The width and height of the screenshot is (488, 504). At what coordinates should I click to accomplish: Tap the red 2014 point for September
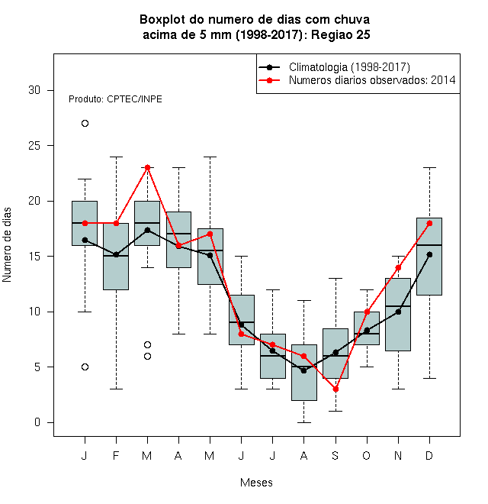click(335, 389)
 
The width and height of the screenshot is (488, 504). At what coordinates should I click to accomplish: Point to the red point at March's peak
click(147, 167)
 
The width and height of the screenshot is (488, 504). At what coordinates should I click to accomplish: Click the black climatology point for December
click(429, 254)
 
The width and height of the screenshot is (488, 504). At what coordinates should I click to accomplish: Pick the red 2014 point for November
click(398, 267)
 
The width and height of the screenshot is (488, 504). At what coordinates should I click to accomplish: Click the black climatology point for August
click(303, 370)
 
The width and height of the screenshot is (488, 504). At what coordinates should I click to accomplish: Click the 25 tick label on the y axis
click(34, 146)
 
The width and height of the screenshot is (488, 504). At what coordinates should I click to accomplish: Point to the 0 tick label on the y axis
click(37, 422)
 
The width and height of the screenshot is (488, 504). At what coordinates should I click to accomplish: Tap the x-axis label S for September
click(335, 455)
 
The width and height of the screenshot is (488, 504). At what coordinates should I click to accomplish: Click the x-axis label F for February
click(116, 455)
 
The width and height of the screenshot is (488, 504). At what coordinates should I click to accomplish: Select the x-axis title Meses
click(256, 483)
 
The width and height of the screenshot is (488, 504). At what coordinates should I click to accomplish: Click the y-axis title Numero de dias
click(7, 245)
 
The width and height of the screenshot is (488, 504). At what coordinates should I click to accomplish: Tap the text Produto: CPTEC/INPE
click(115, 99)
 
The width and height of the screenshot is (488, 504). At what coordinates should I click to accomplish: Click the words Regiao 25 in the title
click(341, 34)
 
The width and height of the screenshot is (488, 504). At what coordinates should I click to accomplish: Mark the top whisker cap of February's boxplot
click(116, 157)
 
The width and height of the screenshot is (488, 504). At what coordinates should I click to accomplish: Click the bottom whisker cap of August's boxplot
click(303, 422)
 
